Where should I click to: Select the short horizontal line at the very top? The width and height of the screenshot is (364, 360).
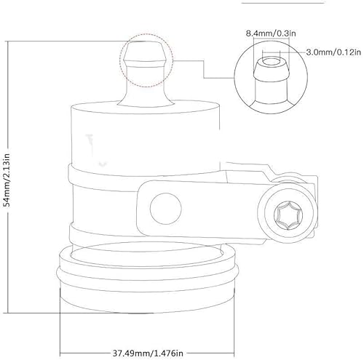point(269,3)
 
